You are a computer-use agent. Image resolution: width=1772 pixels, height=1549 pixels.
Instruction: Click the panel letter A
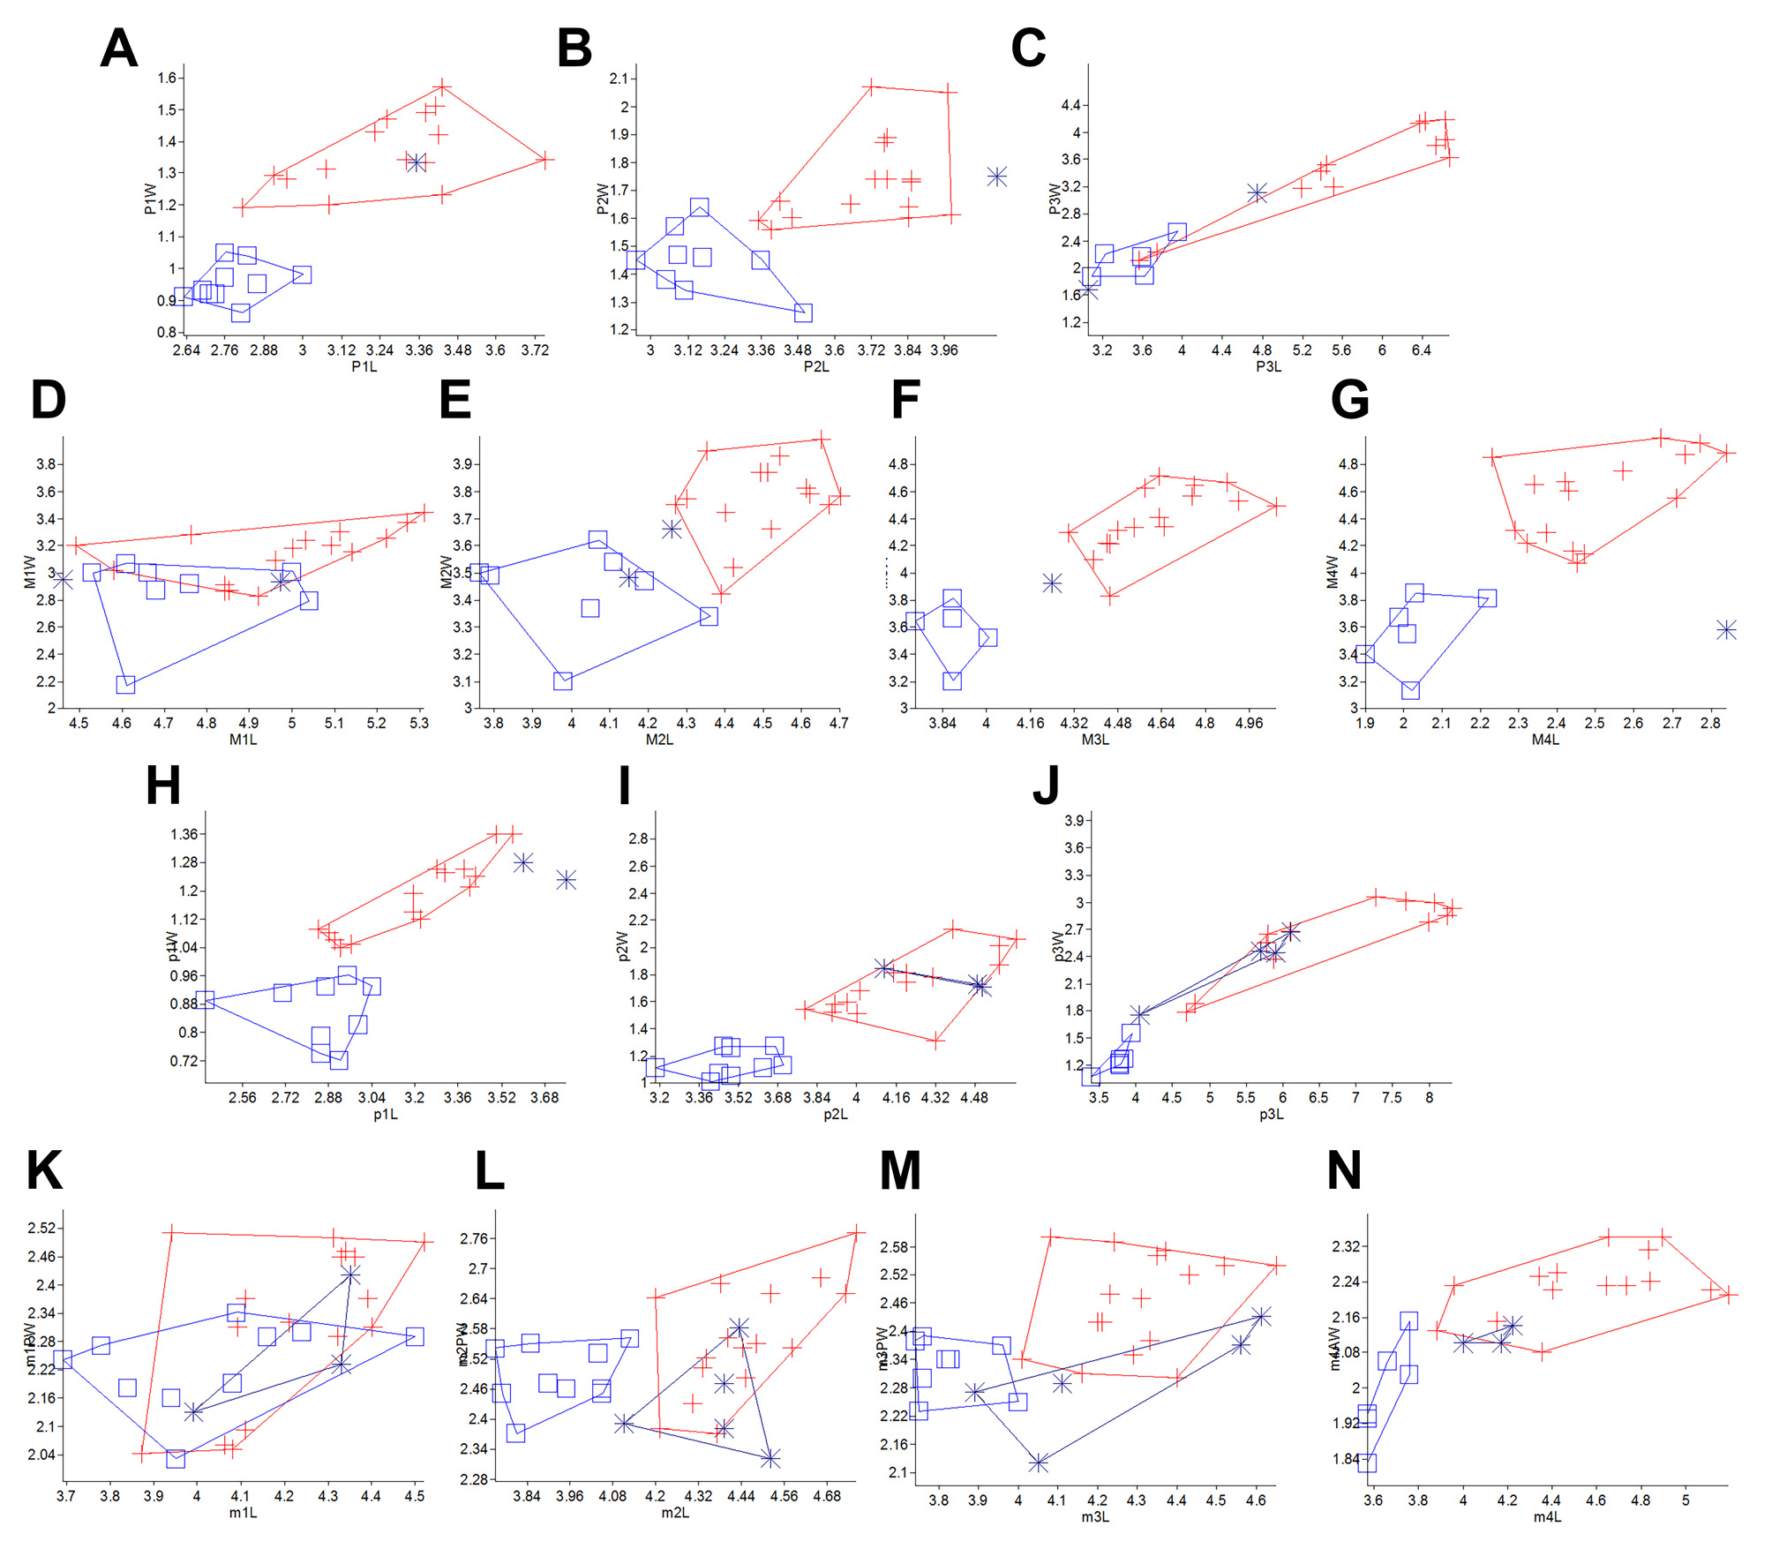pyautogui.click(x=119, y=49)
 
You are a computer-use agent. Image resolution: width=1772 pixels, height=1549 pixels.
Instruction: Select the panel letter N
pyautogui.click(x=1344, y=1171)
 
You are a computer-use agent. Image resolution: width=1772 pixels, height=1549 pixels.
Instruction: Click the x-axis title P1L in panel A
pyautogui.click(x=364, y=366)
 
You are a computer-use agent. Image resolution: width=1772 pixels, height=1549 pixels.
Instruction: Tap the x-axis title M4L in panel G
pyautogui.click(x=1545, y=740)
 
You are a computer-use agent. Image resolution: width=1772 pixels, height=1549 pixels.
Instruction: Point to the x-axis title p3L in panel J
pyautogui.click(x=1271, y=1115)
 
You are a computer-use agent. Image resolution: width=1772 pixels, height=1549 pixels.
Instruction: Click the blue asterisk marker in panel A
pyautogui.click(x=417, y=162)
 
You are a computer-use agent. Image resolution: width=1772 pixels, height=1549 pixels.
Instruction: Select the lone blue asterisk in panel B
pyautogui.click(x=996, y=177)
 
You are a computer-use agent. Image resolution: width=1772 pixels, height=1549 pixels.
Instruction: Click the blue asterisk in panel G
pyautogui.click(x=1726, y=629)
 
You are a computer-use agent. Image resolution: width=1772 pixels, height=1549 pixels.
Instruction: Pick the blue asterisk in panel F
pyautogui.click(x=1051, y=583)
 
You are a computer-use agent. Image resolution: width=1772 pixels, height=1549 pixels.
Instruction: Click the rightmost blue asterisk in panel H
pyautogui.click(x=566, y=879)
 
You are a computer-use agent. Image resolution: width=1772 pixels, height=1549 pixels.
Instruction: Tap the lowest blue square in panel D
pyautogui.click(x=125, y=684)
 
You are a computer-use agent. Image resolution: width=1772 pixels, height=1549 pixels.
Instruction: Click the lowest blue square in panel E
pyautogui.click(x=563, y=681)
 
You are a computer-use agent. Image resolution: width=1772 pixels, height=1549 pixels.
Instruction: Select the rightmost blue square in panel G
pyautogui.click(x=1487, y=598)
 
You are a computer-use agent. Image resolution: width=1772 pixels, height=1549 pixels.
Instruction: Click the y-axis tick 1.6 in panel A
pyautogui.click(x=167, y=78)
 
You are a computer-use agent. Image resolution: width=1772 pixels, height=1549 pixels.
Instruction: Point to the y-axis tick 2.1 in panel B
pyautogui.click(x=619, y=79)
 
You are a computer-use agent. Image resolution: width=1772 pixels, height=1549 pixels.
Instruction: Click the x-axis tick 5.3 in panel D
pyautogui.click(x=418, y=723)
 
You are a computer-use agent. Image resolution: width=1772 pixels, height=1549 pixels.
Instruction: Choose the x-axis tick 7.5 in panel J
pyautogui.click(x=1392, y=1097)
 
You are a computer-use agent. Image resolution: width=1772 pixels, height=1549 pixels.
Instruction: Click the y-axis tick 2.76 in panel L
pyautogui.click(x=473, y=1238)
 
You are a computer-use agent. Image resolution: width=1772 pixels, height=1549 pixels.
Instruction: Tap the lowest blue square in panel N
pyautogui.click(x=1367, y=1463)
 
